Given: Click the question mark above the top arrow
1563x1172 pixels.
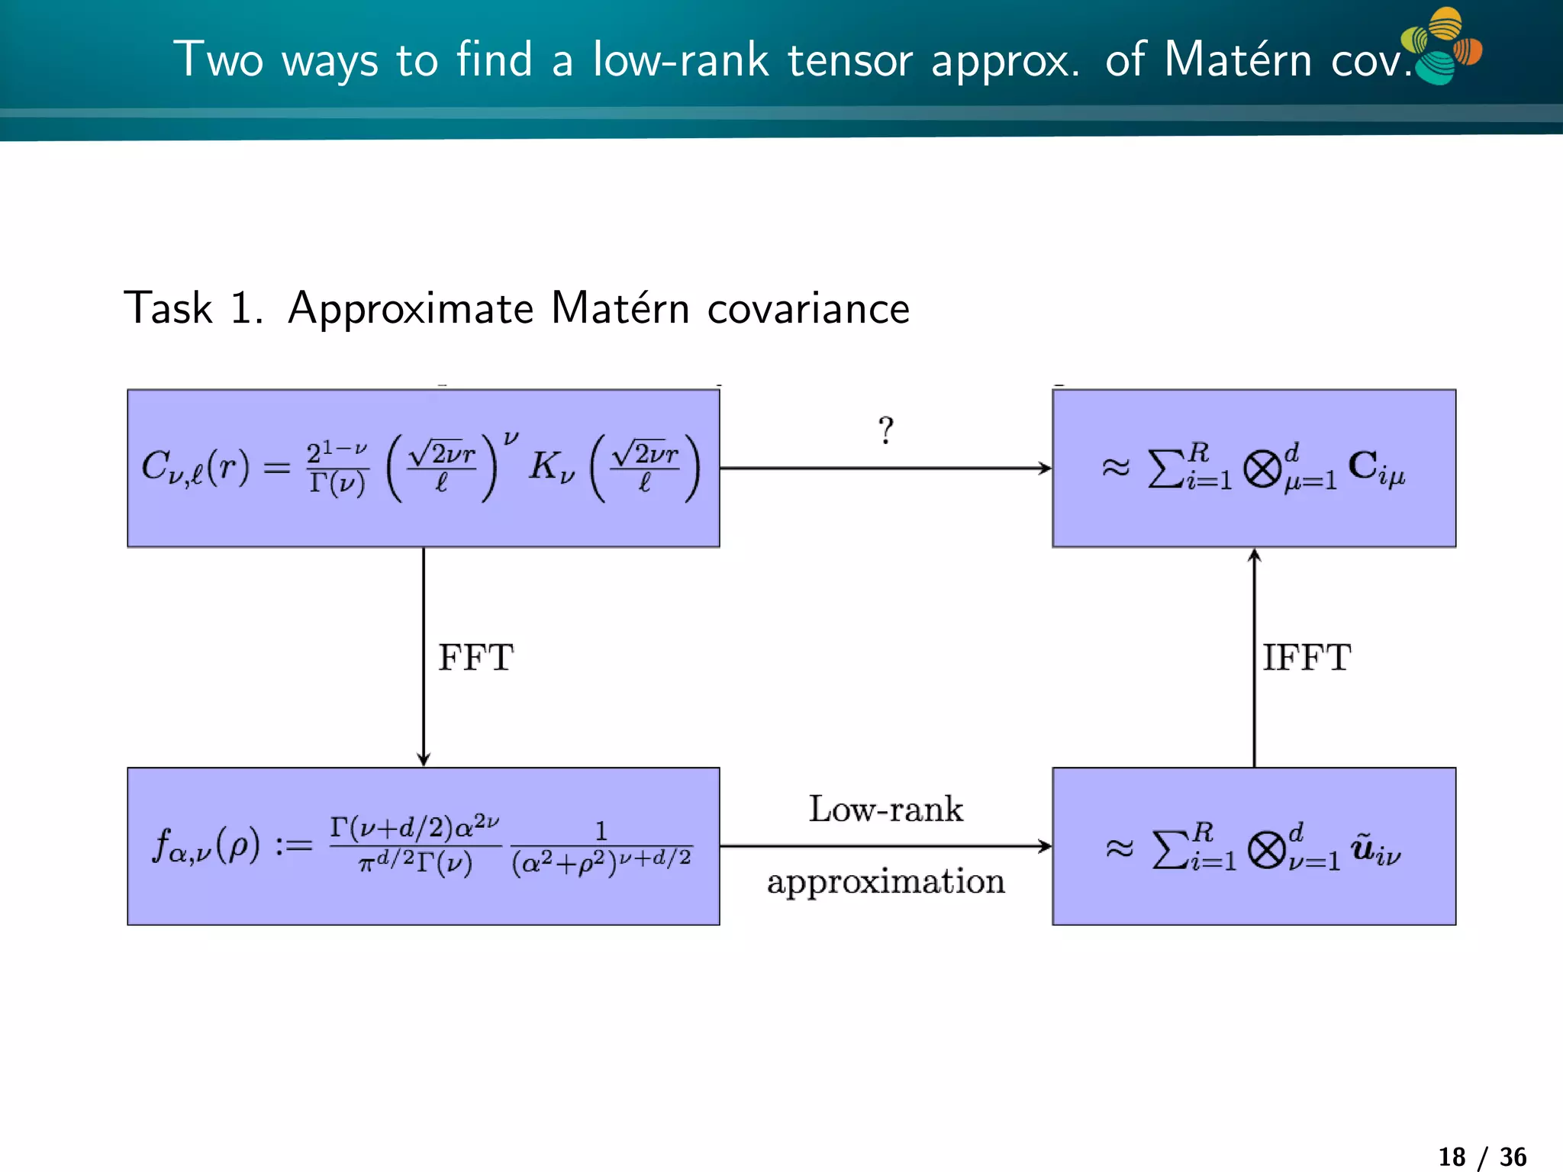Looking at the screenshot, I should click(x=885, y=430).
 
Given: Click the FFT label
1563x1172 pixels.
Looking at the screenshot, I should click(x=475, y=658).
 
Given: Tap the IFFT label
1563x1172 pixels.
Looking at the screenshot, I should click(x=1306, y=658).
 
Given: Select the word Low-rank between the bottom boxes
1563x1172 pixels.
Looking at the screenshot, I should click(x=885, y=809).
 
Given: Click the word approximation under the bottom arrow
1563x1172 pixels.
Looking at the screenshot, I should click(x=885, y=882).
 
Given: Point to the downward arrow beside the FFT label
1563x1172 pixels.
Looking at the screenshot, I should click(x=424, y=656).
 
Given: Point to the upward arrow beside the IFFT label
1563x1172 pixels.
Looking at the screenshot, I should click(x=1254, y=656).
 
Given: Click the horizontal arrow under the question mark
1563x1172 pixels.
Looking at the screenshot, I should click(x=885, y=468).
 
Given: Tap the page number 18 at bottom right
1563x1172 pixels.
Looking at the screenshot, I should click(x=1452, y=1157).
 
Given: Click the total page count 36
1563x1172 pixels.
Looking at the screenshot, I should click(x=1513, y=1157).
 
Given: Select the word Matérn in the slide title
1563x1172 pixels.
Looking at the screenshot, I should click(x=1237, y=60).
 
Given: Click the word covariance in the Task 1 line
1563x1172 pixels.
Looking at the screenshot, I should click(x=808, y=309).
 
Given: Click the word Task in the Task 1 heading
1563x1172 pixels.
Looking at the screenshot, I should click(x=168, y=308).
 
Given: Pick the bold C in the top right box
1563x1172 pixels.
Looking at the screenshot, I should click(x=1362, y=465).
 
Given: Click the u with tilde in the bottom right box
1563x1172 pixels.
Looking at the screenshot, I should click(x=1363, y=847).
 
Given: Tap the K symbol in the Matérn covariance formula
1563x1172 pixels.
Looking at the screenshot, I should click(x=544, y=465).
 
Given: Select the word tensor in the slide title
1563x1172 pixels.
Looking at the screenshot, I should click(x=849, y=60).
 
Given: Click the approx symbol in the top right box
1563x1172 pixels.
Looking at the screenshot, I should click(x=1115, y=467).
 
